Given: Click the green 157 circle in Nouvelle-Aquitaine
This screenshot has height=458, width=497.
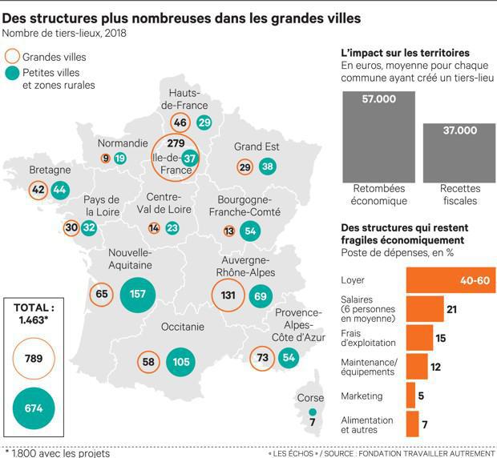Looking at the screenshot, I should coord(137,294).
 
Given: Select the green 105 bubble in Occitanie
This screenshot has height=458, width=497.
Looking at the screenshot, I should coord(181,362).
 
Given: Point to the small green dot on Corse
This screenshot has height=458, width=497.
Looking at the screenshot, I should coord(313,412).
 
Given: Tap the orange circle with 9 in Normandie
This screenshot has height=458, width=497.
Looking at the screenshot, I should coord(105,159).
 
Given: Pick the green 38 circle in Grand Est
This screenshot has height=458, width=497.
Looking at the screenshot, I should coord(268,167).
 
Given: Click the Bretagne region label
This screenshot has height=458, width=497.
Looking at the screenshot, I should coord(50,171).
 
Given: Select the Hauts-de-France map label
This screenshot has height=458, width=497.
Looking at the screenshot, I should coord(184,99).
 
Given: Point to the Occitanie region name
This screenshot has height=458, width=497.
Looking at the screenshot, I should coord(183,327).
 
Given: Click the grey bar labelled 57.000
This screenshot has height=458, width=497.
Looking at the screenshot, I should coord(378,141).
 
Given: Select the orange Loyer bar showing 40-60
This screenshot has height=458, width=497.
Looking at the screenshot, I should coord(451,280).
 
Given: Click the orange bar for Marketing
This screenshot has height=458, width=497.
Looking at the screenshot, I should coord(410,395).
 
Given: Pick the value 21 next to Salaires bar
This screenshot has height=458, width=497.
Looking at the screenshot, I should coord(451,309).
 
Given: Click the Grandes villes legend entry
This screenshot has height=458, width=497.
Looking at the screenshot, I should coord(55,57).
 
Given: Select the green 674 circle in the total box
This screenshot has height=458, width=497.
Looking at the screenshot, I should coord(33,408).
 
